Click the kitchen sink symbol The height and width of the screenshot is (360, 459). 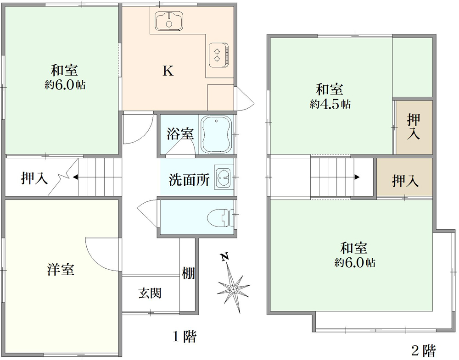[169, 21]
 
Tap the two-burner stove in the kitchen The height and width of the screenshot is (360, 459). [218, 55]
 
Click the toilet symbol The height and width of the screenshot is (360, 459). [220, 217]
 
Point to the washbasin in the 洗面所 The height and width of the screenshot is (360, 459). [224, 177]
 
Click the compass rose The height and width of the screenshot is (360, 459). [233, 289]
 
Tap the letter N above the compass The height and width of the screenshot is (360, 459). [224, 257]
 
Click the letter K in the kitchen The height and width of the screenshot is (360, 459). [168, 71]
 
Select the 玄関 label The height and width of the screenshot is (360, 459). [150, 293]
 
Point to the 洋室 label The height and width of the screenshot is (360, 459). [61, 269]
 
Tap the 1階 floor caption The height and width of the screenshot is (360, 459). [184, 336]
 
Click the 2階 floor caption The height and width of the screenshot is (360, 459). [424, 350]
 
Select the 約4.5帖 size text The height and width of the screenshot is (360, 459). [330, 104]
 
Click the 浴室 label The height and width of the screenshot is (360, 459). [180, 133]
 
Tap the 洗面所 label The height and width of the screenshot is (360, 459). [189, 180]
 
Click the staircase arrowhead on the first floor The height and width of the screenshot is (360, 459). [75, 177]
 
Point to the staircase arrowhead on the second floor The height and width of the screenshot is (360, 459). [357, 177]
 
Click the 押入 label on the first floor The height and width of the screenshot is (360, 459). [34, 177]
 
